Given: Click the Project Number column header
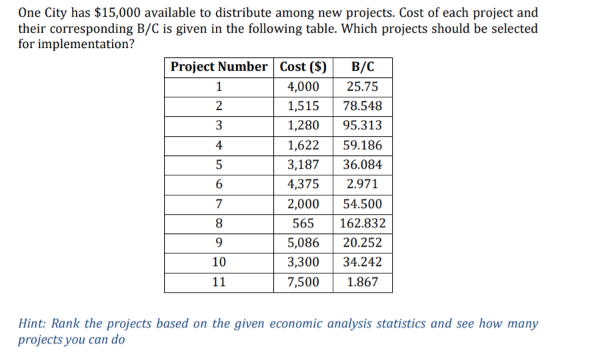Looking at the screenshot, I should click(x=219, y=67).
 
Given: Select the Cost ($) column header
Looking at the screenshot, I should click(x=303, y=67).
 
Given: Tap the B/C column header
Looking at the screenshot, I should click(x=362, y=67).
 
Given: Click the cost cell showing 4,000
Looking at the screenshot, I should click(x=303, y=87).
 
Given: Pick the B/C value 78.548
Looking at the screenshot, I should click(x=362, y=107).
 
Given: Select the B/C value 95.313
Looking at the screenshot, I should click(x=362, y=126).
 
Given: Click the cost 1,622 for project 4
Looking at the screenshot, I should click(x=303, y=145).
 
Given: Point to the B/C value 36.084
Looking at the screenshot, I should click(x=362, y=165).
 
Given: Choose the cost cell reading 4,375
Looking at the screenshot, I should click(x=303, y=185).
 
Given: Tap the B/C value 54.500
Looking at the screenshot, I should click(x=362, y=204).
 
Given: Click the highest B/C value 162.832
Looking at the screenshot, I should click(x=362, y=224).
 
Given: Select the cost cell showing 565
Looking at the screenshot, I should click(x=303, y=224).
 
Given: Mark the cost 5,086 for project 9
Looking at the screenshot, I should click(x=303, y=243).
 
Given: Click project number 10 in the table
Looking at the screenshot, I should click(x=219, y=263).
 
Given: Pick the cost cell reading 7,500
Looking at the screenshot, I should click(x=303, y=282).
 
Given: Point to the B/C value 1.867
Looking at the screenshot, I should click(x=362, y=282).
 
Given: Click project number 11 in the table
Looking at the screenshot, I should click(x=219, y=282).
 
